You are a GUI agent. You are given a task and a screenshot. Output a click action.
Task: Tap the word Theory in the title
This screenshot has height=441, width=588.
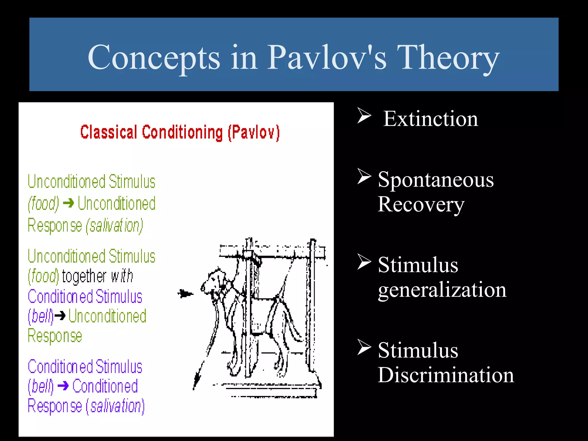click(x=448, y=59)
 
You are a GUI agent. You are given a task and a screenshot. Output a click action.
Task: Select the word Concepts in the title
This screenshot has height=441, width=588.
click(x=154, y=59)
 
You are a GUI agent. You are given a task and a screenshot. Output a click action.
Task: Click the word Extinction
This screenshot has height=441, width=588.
click(x=431, y=119)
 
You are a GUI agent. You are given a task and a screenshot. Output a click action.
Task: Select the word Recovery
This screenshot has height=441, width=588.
click(x=421, y=205)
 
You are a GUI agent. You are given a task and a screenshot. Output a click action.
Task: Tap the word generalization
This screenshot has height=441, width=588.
click(x=442, y=290)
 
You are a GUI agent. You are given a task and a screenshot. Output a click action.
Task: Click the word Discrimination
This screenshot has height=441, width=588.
click(x=446, y=375)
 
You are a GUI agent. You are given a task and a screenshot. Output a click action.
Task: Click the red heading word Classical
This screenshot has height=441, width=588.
click(x=109, y=132)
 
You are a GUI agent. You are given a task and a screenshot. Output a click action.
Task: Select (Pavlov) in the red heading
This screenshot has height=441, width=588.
click(x=254, y=132)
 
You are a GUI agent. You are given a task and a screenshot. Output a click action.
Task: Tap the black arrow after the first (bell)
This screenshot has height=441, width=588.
click(x=60, y=316)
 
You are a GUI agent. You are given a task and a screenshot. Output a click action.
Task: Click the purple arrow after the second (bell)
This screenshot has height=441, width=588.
click(x=63, y=386)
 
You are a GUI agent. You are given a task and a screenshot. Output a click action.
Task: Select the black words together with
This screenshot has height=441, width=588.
click(x=97, y=276)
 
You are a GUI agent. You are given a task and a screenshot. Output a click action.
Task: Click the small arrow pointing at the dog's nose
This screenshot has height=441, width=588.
click(x=185, y=294)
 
